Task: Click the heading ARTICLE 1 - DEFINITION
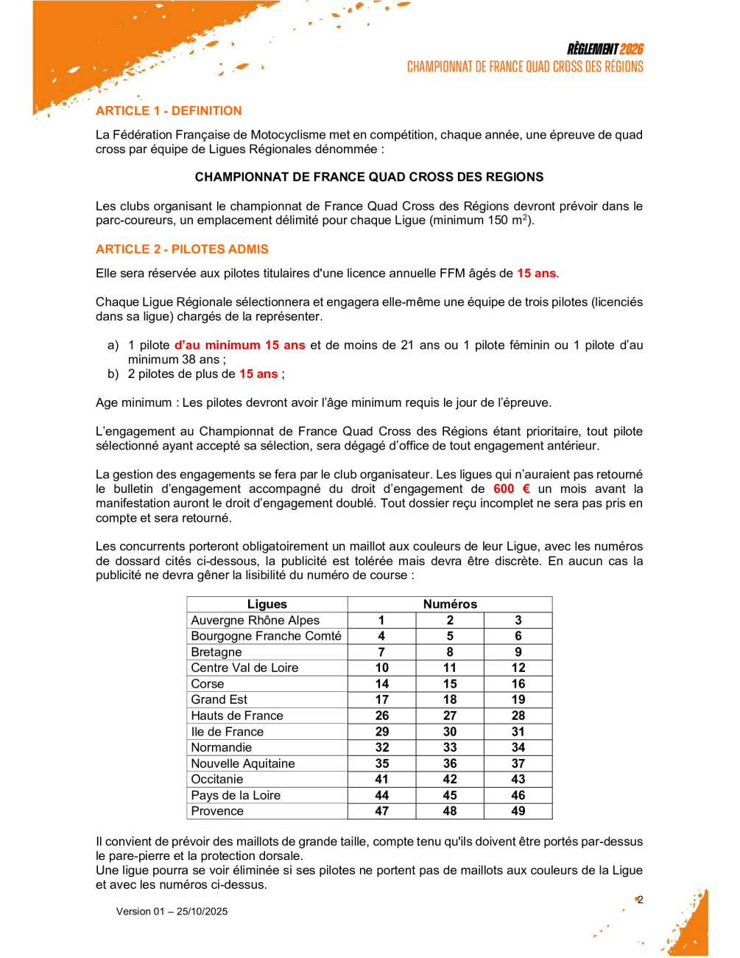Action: click(x=169, y=111)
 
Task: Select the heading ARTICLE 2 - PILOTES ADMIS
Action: click(x=182, y=249)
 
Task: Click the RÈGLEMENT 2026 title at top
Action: click(x=605, y=49)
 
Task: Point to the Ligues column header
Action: click(x=267, y=604)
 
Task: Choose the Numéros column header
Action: click(x=450, y=604)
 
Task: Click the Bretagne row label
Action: click(x=216, y=652)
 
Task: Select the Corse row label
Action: click(x=207, y=684)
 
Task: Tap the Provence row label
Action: click(x=217, y=811)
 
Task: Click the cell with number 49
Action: click(x=518, y=811)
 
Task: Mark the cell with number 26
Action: click(x=381, y=716)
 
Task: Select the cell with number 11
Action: click(x=450, y=668)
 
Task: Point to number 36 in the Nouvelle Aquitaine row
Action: click(x=450, y=763)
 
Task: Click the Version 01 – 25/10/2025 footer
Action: click(x=172, y=912)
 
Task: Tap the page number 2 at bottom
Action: click(x=640, y=899)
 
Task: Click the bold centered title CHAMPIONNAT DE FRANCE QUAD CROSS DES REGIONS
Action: click(x=369, y=177)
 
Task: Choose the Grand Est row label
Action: click(x=219, y=699)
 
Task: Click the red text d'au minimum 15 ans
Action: click(x=240, y=345)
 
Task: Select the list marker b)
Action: click(x=113, y=374)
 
